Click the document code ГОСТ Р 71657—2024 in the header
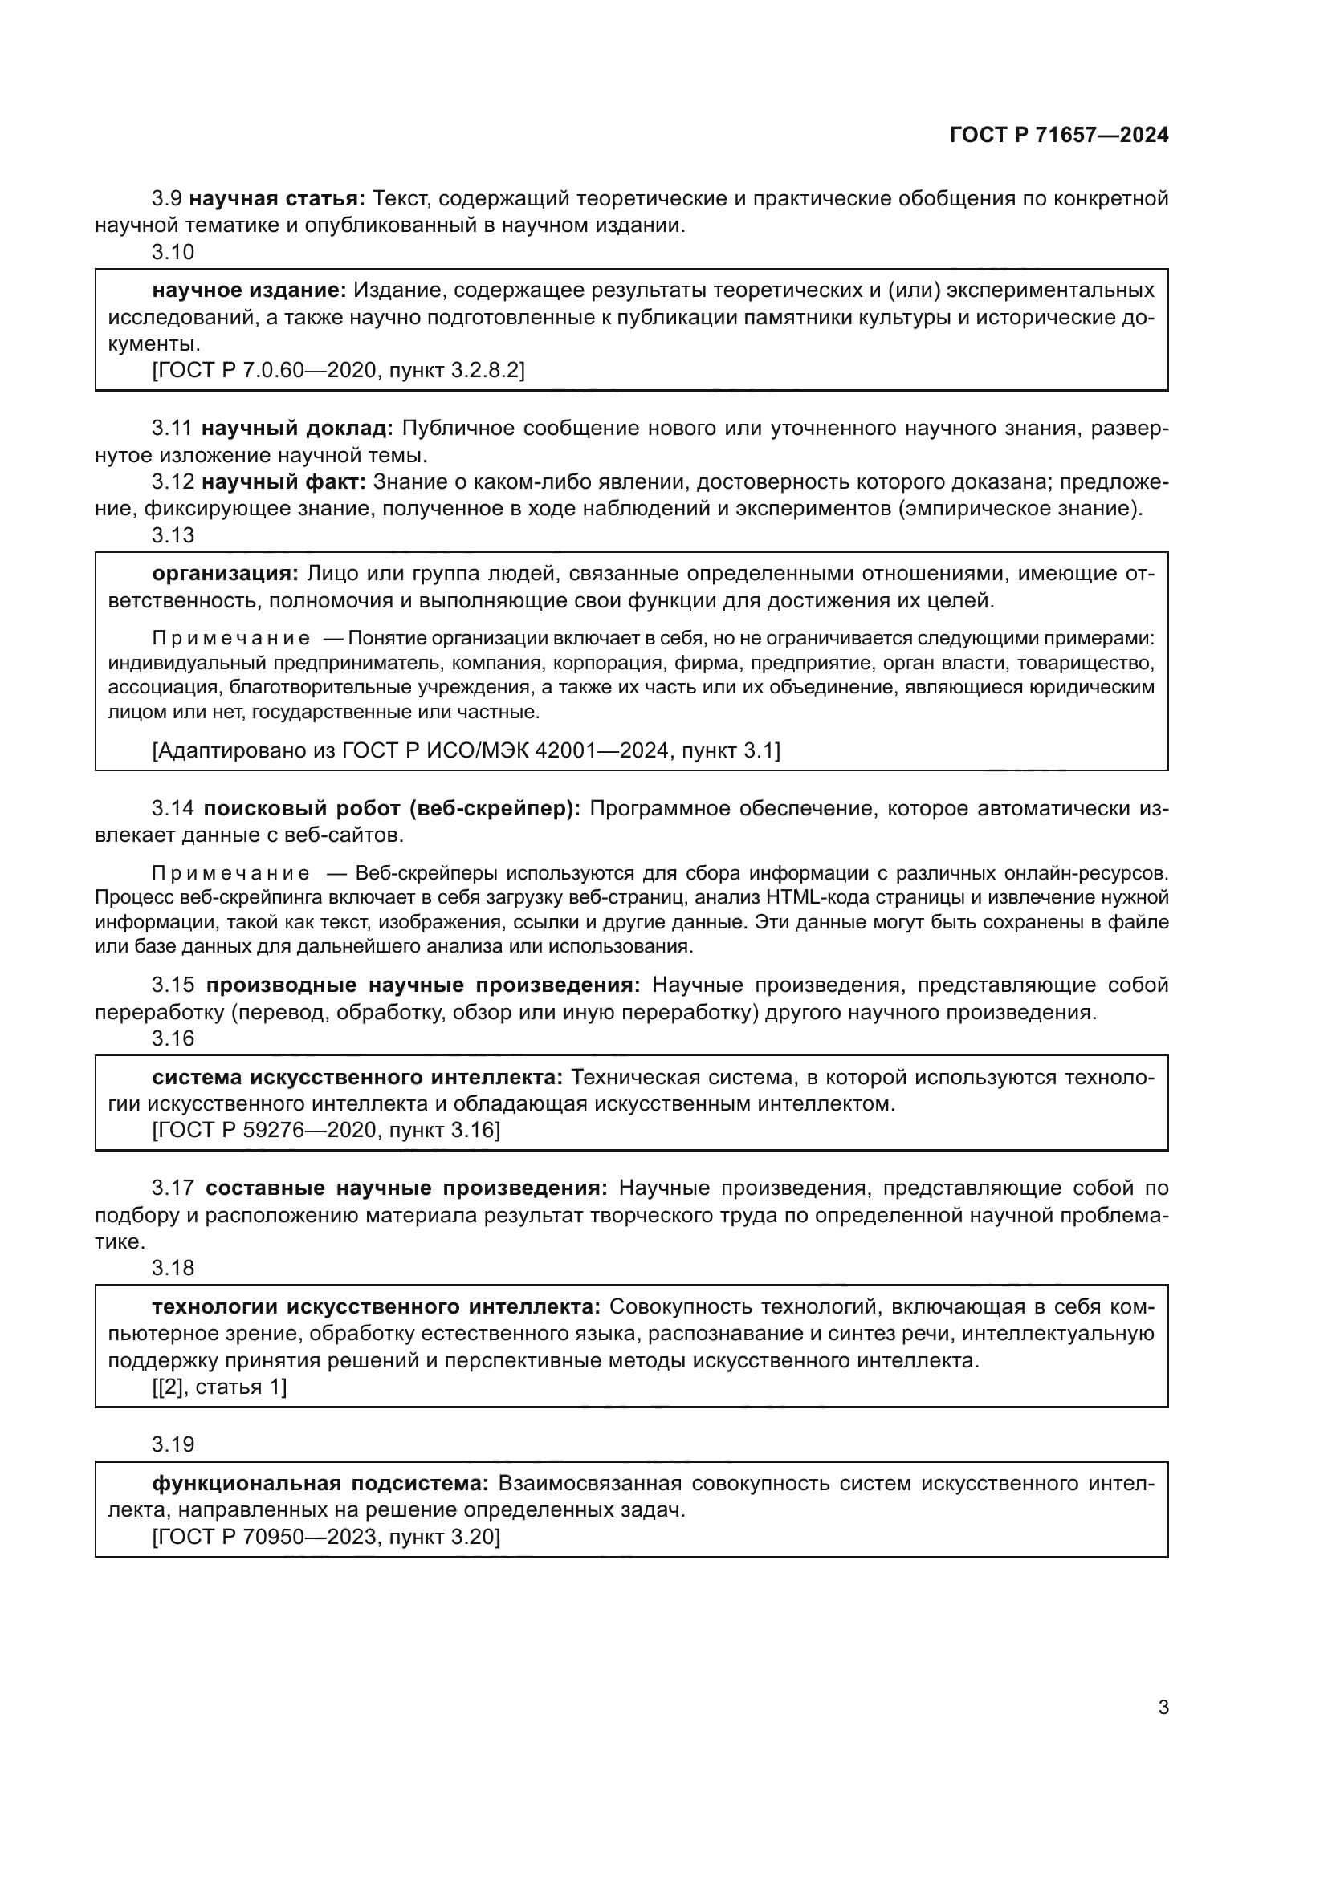tap(1059, 136)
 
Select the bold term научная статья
tap(277, 199)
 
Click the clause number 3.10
tap(173, 253)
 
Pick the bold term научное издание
tap(250, 290)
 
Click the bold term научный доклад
tap(298, 429)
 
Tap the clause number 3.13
tap(173, 535)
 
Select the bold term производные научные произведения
tap(423, 985)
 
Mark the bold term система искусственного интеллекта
tap(357, 1078)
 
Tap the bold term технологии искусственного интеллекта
tap(376, 1307)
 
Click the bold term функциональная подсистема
tap(320, 1483)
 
